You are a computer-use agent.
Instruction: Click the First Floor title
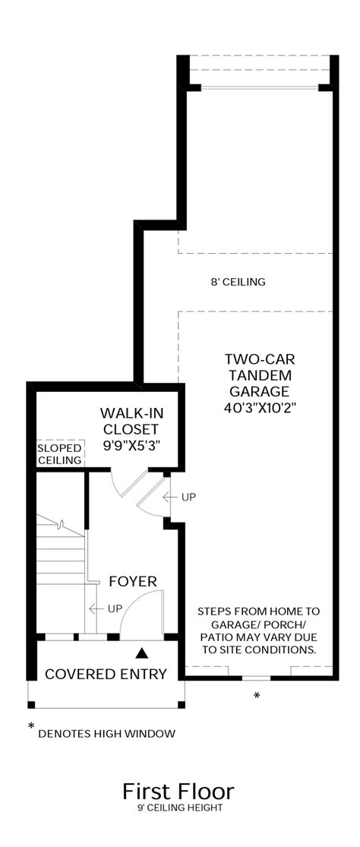pos(178,792)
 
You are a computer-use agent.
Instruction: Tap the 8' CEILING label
pos(238,281)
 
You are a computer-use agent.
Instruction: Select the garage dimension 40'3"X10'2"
pos(261,407)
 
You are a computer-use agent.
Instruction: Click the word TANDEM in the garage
pos(261,375)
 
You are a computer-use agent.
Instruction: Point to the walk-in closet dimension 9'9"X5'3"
pos(131,446)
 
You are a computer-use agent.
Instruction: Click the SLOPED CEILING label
pos(60,454)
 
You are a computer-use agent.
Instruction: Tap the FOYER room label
pos(133,582)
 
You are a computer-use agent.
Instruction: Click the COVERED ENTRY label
pos(106,674)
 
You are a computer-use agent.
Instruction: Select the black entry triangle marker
pos(141,653)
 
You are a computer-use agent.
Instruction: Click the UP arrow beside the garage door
pos(171,496)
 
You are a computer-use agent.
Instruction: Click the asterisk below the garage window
pos(257,695)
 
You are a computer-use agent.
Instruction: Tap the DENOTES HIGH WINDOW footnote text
pos(107,734)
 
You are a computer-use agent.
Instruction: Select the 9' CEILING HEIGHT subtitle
pos(179,808)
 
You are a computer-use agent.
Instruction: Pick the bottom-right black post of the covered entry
pos(182,704)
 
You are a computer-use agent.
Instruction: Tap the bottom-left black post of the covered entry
pos(31,704)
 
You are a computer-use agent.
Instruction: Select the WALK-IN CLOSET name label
pos(131,422)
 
